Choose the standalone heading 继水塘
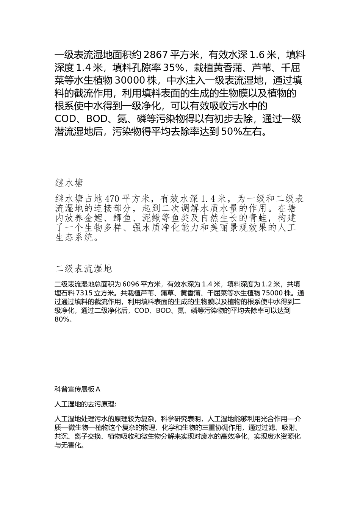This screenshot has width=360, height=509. point(69,183)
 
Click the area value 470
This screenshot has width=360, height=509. point(112,198)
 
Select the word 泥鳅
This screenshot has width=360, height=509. point(152,218)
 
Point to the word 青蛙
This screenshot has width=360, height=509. point(259,218)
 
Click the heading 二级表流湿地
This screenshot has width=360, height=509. point(83,269)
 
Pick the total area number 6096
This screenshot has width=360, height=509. point(131,284)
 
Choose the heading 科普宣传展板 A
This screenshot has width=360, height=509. point(77,389)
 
